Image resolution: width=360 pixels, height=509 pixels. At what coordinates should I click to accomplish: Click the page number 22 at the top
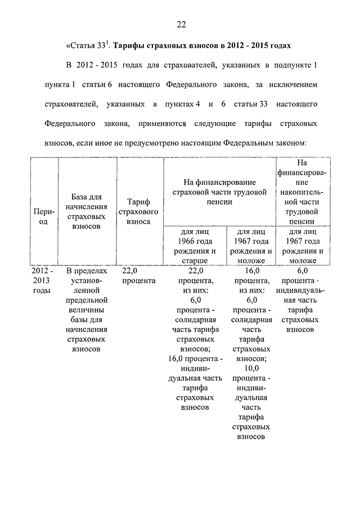(x=180, y=24)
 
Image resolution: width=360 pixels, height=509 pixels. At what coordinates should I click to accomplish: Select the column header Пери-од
(x=44, y=217)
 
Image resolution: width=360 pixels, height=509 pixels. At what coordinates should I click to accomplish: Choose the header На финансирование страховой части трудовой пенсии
(x=219, y=192)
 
